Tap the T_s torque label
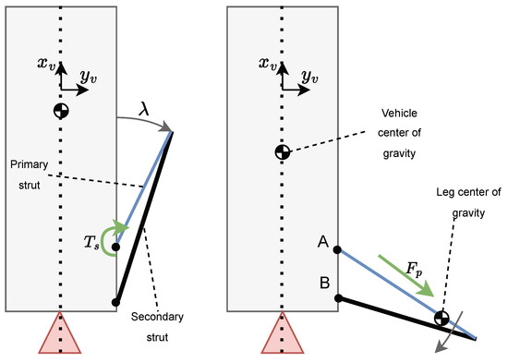[92, 242]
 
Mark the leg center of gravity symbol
[442, 320]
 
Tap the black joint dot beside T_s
[116, 247]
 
